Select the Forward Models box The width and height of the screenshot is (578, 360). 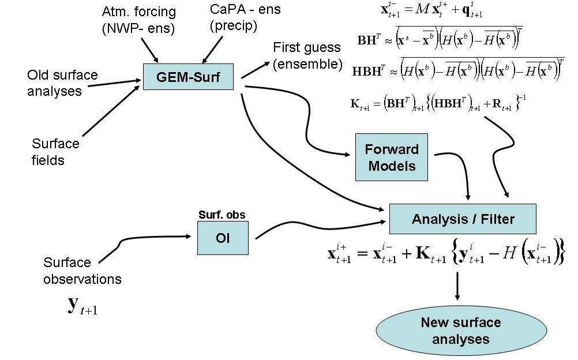[x=391, y=157]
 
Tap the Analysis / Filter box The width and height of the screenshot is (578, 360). [x=463, y=219]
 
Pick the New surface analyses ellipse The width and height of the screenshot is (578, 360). [x=452, y=330]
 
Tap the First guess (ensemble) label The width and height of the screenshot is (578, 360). [x=307, y=55]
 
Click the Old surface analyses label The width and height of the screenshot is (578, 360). [x=62, y=82]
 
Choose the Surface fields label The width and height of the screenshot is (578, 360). [x=56, y=152]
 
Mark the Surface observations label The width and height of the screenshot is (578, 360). [x=82, y=271]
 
